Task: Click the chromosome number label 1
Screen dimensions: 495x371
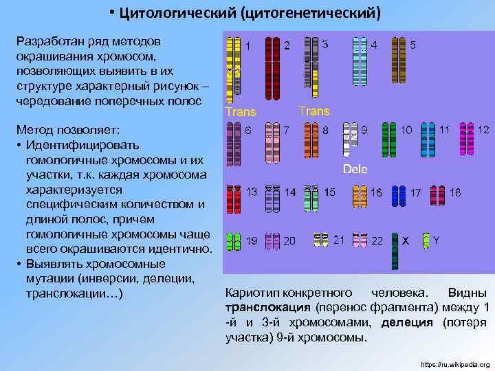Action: click(x=248, y=47)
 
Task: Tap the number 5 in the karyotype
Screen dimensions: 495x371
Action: click(x=412, y=45)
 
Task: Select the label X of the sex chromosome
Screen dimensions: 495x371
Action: click(x=406, y=241)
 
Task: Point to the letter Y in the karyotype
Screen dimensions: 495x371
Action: click(x=436, y=240)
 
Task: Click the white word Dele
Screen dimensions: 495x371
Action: click(x=355, y=169)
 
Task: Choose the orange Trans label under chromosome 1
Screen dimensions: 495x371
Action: click(x=241, y=112)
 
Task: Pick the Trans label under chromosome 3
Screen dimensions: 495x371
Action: click(x=314, y=111)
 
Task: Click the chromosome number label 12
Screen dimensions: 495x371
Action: click(x=483, y=129)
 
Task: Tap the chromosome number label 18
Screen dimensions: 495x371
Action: click(x=455, y=192)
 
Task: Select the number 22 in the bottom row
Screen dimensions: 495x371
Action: click(x=377, y=241)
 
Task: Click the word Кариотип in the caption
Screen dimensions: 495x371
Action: click(x=252, y=292)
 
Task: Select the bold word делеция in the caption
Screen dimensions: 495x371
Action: click(x=408, y=322)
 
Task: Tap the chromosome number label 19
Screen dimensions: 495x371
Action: click(x=252, y=241)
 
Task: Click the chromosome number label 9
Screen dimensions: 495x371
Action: click(x=364, y=129)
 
